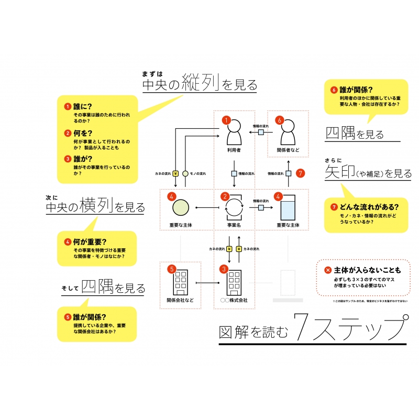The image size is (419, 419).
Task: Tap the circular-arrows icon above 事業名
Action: [x=234, y=208]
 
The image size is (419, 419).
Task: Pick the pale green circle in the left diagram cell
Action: [x=181, y=208]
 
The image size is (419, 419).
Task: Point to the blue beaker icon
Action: [x=288, y=208]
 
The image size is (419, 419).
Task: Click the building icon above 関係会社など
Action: [x=181, y=283]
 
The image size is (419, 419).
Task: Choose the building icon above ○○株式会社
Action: [x=234, y=283]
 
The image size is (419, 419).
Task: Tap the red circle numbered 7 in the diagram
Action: [x=300, y=173]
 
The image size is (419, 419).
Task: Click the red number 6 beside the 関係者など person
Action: [x=279, y=120]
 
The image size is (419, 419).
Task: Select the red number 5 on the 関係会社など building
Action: [x=171, y=269]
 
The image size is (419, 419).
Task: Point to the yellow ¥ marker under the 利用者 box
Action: [x=175, y=173]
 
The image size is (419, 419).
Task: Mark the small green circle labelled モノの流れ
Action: [x=185, y=173]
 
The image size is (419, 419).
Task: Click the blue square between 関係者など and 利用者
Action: [x=260, y=133]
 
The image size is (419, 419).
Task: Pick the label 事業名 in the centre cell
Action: [x=234, y=225]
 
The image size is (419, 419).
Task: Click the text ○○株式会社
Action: [x=234, y=301]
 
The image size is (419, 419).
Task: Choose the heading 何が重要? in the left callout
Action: [x=90, y=242]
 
